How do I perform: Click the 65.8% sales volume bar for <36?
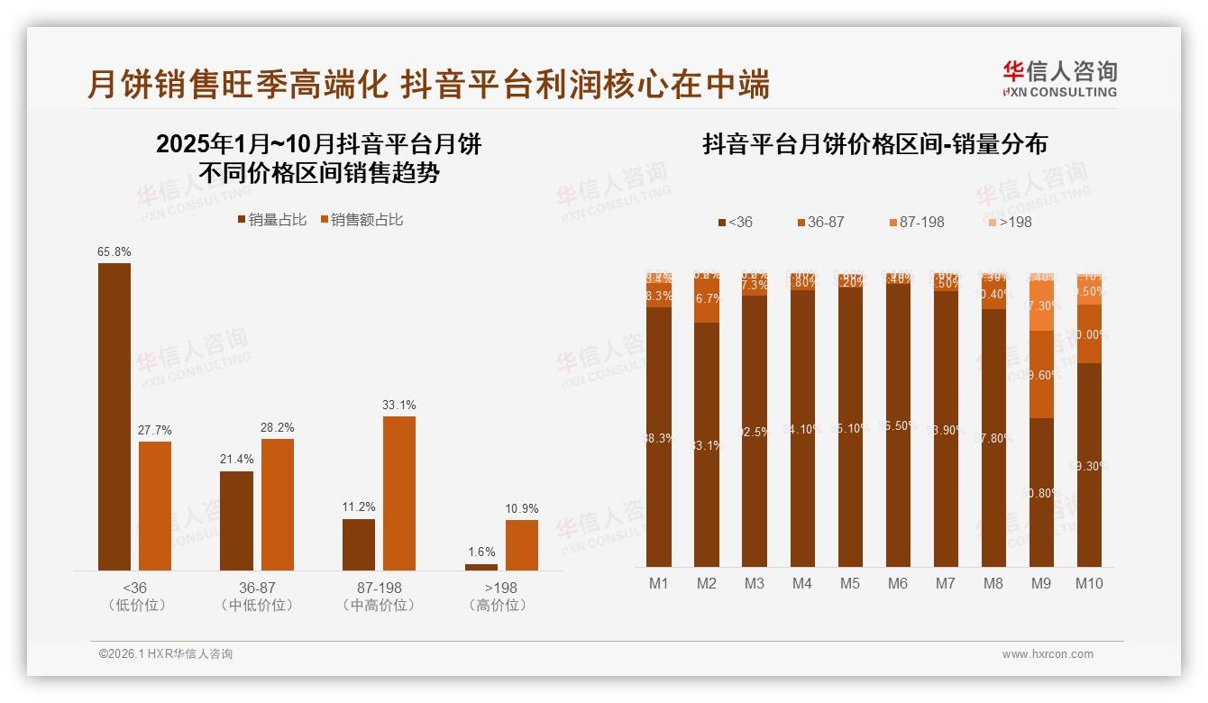[x=114, y=416]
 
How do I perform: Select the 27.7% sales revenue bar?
[x=155, y=506]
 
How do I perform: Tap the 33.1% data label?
[x=398, y=405]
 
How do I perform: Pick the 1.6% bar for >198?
[x=481, y=567]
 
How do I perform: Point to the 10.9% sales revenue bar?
[x=521, y=545]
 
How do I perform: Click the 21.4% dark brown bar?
[x=236, y=521]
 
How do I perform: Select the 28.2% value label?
[x=277, y=427]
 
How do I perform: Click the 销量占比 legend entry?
[x=271, y=219]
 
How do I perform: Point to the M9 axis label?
[x=1040, y=583]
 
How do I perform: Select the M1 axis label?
[x=659, y=583]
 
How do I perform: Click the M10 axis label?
[x=1089, y=583]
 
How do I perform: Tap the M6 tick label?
[x=897, y=583]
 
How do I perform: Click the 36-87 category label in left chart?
[x=257, y=588]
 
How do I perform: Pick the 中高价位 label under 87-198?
[x=380, y=606]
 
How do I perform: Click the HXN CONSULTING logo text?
[x=1060, y=92]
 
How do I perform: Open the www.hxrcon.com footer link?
[x=1048, y=654]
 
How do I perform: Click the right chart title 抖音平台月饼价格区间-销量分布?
[x=874, y=145]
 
